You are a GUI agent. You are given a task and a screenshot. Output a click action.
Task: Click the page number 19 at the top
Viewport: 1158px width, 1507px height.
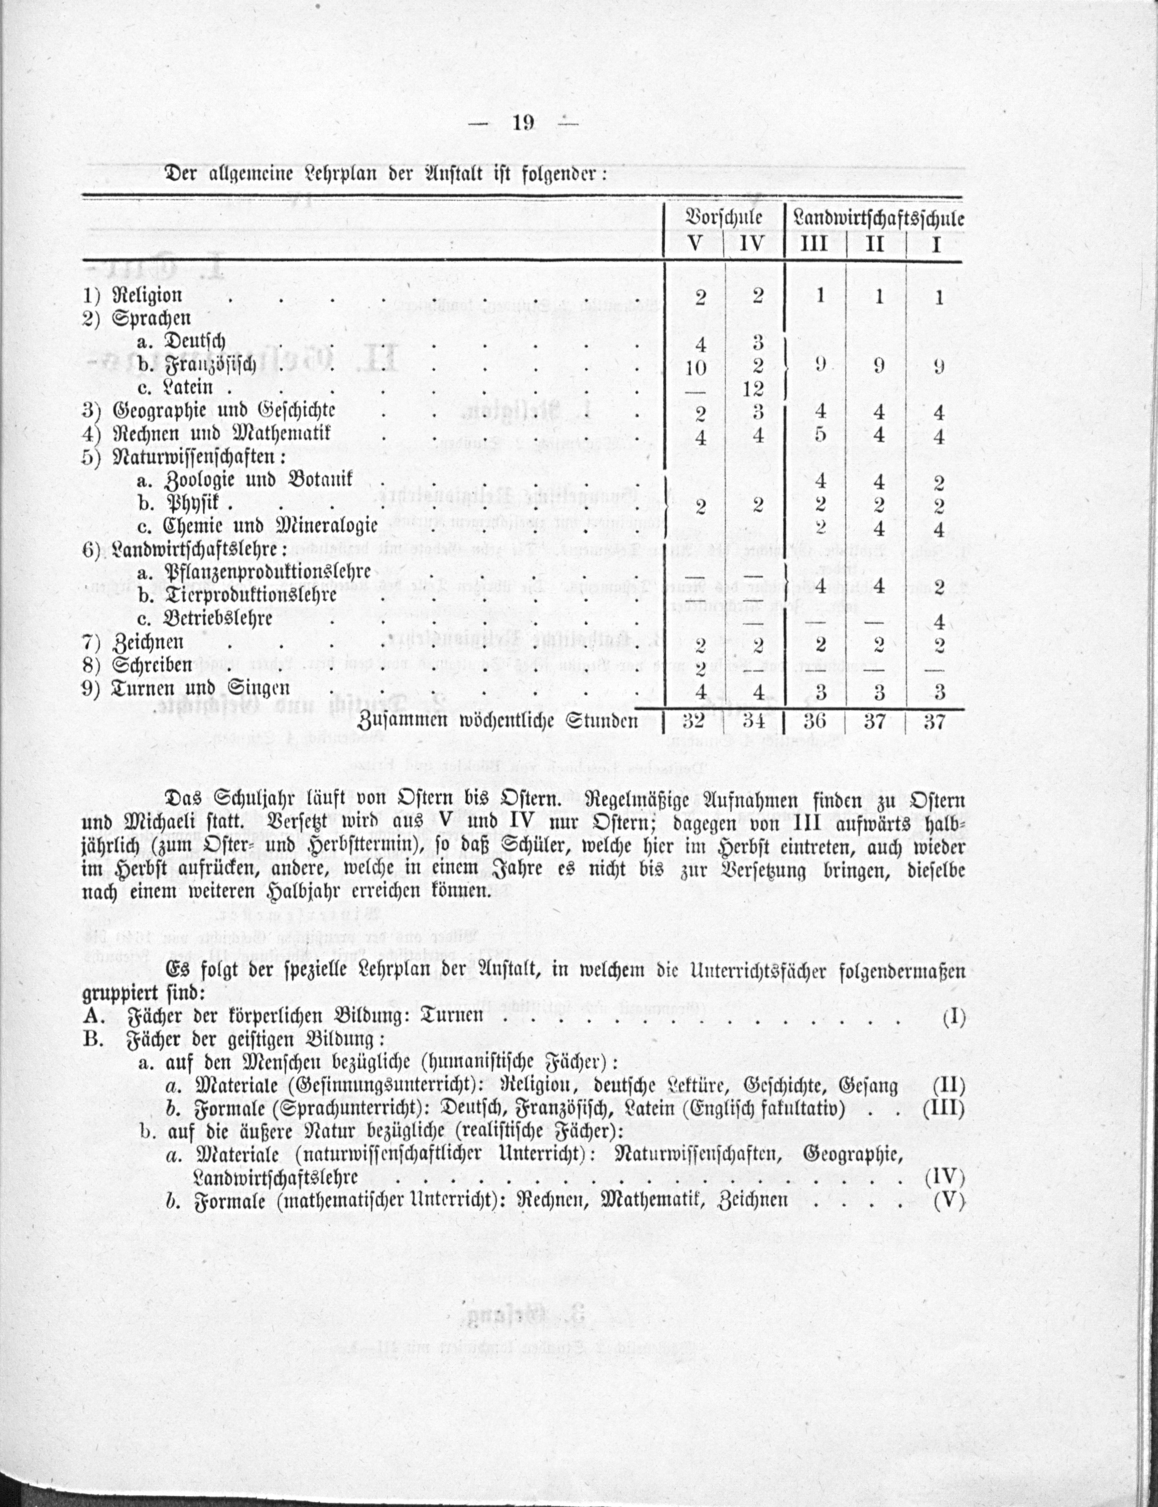click(x=524, y=123)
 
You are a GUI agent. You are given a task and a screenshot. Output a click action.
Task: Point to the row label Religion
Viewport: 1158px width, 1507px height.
click(x=147, y=296)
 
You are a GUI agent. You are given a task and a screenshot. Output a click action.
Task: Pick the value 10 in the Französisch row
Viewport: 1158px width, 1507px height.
click(x=697, y=367)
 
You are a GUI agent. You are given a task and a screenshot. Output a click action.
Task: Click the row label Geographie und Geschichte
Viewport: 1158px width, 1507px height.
click(x=224, y=411)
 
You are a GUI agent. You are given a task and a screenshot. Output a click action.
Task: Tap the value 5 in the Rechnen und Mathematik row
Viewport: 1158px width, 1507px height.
click(x=819, y=436)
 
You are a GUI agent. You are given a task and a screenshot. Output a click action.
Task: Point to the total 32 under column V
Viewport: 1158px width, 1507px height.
click(x=697, y=722)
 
